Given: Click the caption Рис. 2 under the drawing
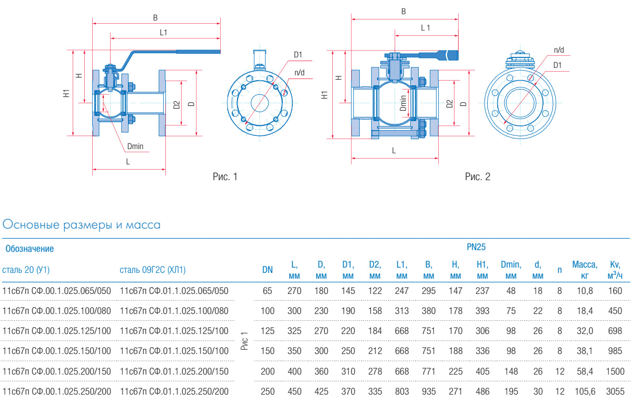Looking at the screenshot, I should (478, 177).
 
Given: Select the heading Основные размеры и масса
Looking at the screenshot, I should (82, 225).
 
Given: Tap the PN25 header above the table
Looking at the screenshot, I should (476, 247).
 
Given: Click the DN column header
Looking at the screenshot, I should (268, 270).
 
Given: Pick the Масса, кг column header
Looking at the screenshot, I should (585, 270).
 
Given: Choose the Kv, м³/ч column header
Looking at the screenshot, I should (615, 270).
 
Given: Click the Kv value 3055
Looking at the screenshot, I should (615, 391).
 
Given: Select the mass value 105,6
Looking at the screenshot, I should (585, 391).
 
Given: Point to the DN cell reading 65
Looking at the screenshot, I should (268, 290).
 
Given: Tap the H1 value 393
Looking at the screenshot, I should (482, 310).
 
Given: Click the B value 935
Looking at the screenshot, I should (429, 391).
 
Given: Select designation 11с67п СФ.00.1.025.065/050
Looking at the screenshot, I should (57, 290).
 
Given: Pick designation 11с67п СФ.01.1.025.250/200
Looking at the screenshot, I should (174, 391).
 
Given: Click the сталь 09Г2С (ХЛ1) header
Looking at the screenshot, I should (153, 270).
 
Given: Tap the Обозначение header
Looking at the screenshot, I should (29, 248).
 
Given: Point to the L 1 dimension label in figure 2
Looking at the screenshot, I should (426, 28).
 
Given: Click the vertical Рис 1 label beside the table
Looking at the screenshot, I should (244, 341).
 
